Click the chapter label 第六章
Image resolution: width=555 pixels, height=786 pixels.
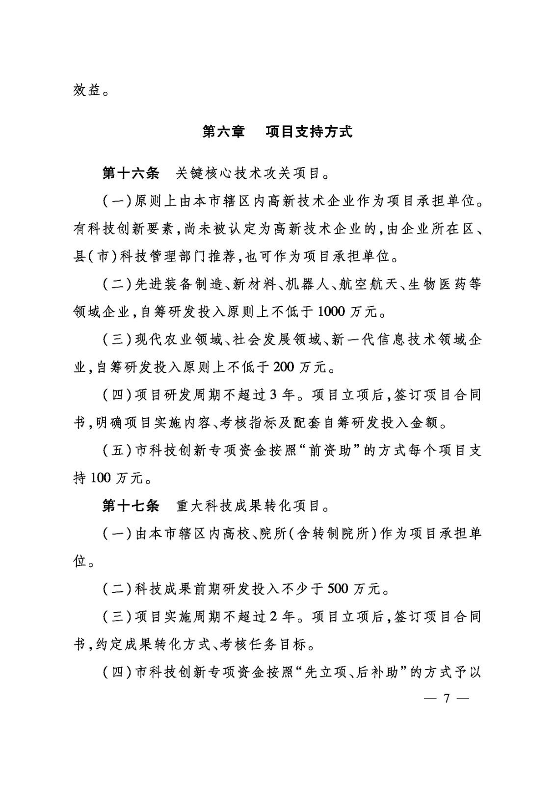(x=223, y=132)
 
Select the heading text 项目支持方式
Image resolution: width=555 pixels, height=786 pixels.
(x=309, y=132)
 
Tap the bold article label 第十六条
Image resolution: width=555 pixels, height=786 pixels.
(x=131, y=173)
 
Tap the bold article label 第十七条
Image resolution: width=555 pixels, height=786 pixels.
(x=131, y=505)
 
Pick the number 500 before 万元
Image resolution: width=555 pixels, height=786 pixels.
(x=337, y=588)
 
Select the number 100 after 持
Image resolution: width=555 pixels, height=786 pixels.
(x=101, y=477)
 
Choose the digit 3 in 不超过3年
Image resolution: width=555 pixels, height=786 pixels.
(x=274, y=394)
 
